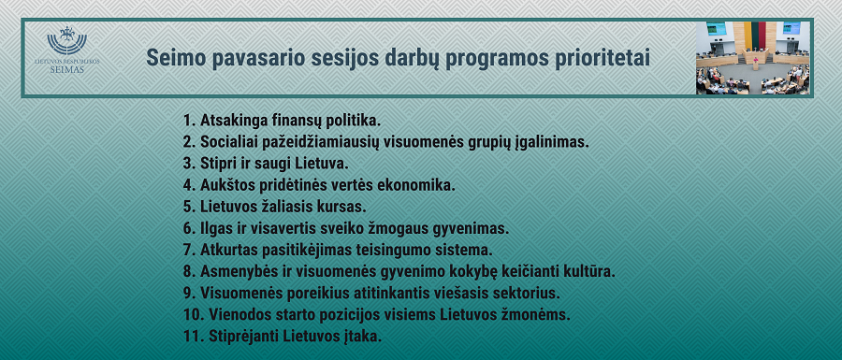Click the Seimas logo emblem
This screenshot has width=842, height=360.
coord(67,40)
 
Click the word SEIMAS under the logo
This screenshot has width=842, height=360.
coord(67,69)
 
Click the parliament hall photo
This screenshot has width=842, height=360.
coord(753,58)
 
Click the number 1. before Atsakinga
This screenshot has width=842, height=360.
coord(189,121)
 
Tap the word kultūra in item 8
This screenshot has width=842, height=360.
coord(588,272)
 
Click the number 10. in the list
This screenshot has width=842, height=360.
coord(193,315)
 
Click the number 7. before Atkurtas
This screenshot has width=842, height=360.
coord(189,251)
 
